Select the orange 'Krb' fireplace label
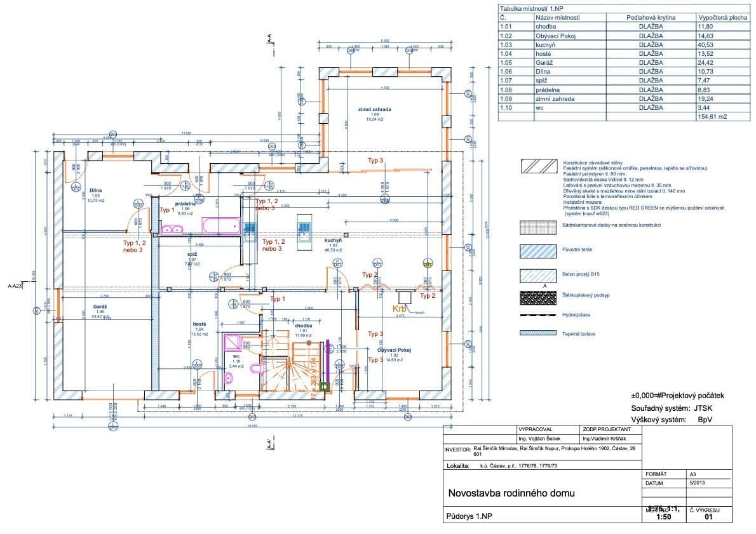[399, 308]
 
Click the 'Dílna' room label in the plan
[96, 190]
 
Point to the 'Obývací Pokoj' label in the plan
[395, 350]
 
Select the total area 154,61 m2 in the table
[712, 117]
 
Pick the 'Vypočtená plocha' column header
[722, 18]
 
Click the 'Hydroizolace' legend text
[576, 314]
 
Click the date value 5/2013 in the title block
[696, 483]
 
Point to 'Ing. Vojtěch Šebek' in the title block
[540, 439]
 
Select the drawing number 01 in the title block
[709, 517]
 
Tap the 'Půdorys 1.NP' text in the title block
[470, 516]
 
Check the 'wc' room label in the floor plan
[236, 357]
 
